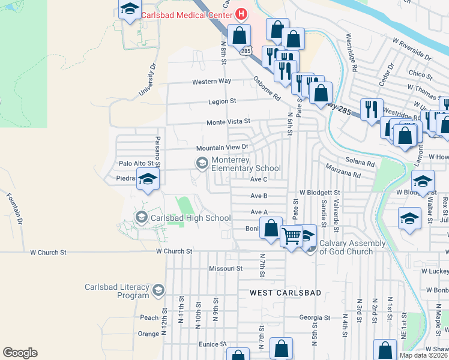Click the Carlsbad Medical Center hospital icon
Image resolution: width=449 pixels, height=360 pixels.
(241, 13)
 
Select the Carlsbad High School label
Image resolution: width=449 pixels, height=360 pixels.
(190, 218)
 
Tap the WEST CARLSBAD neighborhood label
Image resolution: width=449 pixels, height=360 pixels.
(285, 293)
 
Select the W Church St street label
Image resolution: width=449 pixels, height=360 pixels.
(173, 251)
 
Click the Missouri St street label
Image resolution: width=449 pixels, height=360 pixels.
(225, 268)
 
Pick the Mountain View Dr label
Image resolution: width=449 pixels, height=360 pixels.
(222, 148)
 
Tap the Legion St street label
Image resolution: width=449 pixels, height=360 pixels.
(222, 101)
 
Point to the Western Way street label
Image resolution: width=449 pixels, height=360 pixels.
(211, 82)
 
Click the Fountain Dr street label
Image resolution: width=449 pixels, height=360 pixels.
(14, 208)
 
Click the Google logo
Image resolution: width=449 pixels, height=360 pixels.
(20, 353)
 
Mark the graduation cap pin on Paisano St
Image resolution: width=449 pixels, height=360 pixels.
(148, 178)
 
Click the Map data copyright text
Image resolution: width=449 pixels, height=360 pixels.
(424, 355)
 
